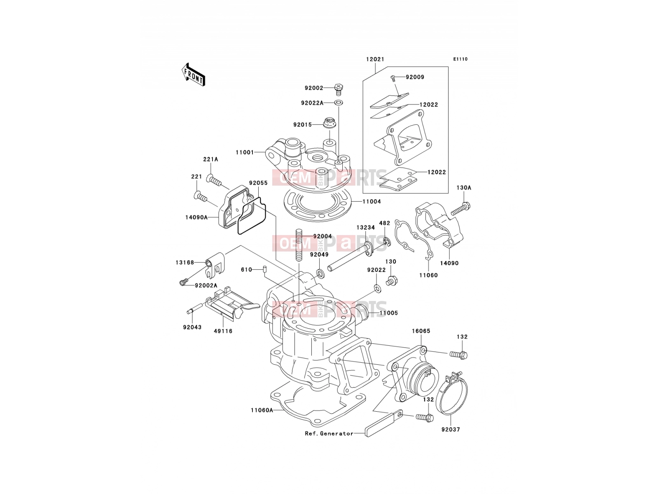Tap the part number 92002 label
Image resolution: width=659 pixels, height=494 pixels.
tap(314, 88)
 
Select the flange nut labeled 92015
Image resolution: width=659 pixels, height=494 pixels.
tap(329, 123)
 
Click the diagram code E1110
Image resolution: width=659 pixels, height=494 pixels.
tap(460, 59)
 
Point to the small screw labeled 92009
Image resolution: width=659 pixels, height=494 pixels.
tap(393, 78)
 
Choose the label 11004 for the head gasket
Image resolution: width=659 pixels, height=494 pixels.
tap(372, 202)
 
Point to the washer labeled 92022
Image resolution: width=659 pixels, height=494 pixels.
tap(378, 289)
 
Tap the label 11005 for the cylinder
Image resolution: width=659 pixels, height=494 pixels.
tap(388, 313)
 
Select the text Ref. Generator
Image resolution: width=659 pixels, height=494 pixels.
tap(329, 433)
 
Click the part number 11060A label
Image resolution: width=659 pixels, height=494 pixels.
tap(262, 410)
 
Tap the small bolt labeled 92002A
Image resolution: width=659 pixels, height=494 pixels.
tap(183, 282)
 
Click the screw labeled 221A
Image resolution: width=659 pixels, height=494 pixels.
tap(214, 180)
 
